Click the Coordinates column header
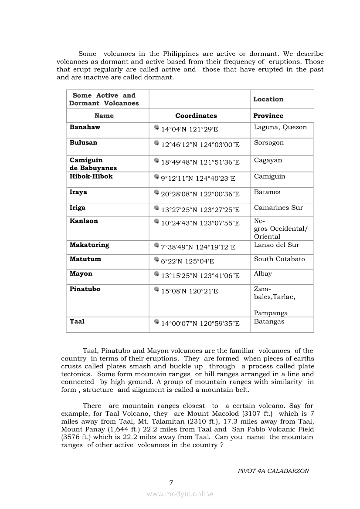[196, 116]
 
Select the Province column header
[268, 116]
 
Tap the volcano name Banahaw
[85, 127]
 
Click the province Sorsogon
[269, 143]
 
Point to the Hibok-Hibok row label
[91, 176]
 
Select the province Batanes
[267, 192]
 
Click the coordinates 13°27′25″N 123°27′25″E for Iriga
[200, 210]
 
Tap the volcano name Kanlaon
[84, 221]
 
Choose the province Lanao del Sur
[277, 245]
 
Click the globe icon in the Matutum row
[156, 260]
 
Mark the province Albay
[263, 274]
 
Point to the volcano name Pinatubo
[85, 289]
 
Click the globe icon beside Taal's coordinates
[156, 322]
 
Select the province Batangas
[269, 321]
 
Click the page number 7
[171, 482]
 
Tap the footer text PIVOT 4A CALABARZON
[273, 471]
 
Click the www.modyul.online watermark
[180, 494]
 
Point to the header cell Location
[268, 99]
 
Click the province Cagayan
[268, 160]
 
